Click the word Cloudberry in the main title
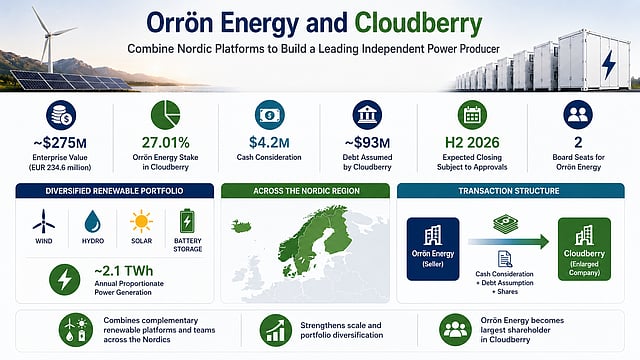pos(418,24)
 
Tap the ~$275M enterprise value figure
pos(60,143)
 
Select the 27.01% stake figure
pos(166,142)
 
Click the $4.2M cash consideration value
pos(269,142)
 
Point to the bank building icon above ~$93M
pos(367,115)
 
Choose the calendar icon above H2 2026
pos(472,115)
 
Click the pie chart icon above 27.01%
pos(165,115)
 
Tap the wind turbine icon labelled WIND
pos(44,222)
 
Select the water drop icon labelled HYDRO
pos(93,222)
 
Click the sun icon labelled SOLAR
pos(141,222)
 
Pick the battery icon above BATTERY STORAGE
pos(187,221)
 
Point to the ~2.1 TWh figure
pos(124,271)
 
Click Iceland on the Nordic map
pos(242,226)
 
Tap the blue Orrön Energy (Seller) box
pos(433,249)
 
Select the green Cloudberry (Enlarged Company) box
pos(584,249)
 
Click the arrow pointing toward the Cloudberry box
pos(509,242)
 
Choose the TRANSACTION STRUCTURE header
pos(509,191)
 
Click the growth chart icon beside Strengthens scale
pos(276,330)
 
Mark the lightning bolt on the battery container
pos(609,64)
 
